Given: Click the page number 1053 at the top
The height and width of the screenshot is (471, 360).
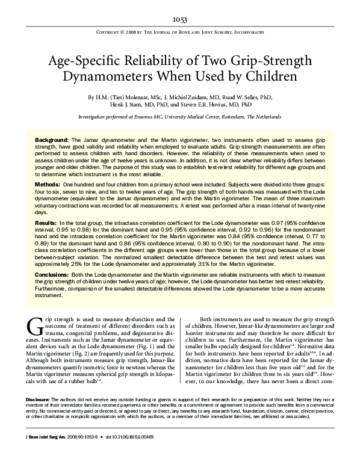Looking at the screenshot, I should point(180,20).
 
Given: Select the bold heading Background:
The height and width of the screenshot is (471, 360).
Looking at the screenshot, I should point(52,139).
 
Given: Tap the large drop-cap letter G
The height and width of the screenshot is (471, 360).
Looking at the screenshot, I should point(34,327).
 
